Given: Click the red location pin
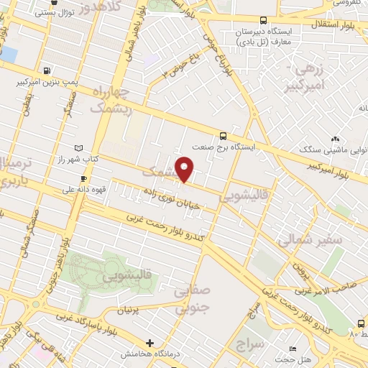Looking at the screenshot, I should [x=185, y=167].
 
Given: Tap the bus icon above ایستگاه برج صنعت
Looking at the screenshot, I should [x=223, y=135].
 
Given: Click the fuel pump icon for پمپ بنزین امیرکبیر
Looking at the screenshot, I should [x=47, y=70].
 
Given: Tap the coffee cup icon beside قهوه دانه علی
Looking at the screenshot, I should [x=84, y=178].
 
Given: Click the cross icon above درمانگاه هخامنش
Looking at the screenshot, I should [x=149, y=343].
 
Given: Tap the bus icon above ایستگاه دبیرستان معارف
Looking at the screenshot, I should [x=262, y=21].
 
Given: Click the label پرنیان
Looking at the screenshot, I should [x=126, y=309].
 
